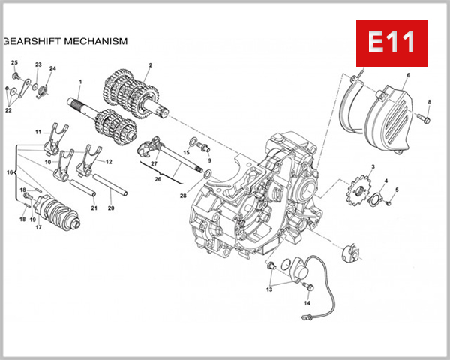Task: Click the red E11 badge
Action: (x=390, y=42)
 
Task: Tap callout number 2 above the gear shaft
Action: (x=150, y=65)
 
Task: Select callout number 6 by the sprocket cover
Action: (x=408, y=76)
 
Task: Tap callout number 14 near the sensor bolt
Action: (x=307, y=303)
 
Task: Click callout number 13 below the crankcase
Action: (x=268, y=289)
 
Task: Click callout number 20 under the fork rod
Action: (x=111, y=208)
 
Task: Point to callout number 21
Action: (x=94, y=208)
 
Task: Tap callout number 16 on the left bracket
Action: (x=10, y=172)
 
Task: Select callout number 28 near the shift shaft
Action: (x=182, y=196)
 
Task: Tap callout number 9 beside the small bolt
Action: (x=209, y=160)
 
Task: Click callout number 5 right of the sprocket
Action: (x=397, y=190)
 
